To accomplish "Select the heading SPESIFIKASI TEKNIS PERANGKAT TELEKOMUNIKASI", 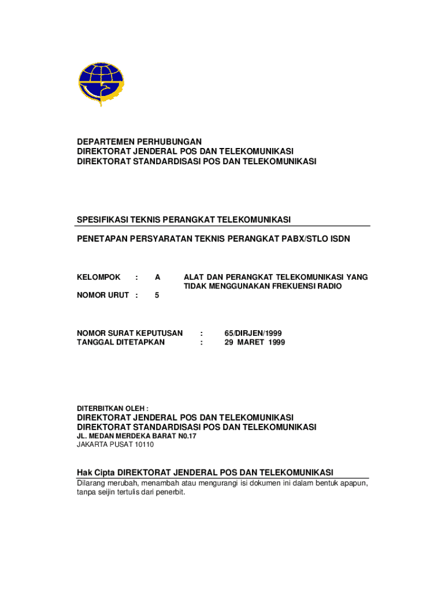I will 184,219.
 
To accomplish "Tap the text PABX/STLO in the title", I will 301,238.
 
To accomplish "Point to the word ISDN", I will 340,238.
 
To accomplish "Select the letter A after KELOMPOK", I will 157,277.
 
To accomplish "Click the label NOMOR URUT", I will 103,295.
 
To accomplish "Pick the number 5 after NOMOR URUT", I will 157,295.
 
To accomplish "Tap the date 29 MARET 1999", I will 254,342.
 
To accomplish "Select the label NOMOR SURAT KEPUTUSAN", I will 130,333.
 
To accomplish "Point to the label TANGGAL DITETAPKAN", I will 121,342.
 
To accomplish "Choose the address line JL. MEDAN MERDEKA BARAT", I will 137,436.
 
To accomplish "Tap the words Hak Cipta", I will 96,472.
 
